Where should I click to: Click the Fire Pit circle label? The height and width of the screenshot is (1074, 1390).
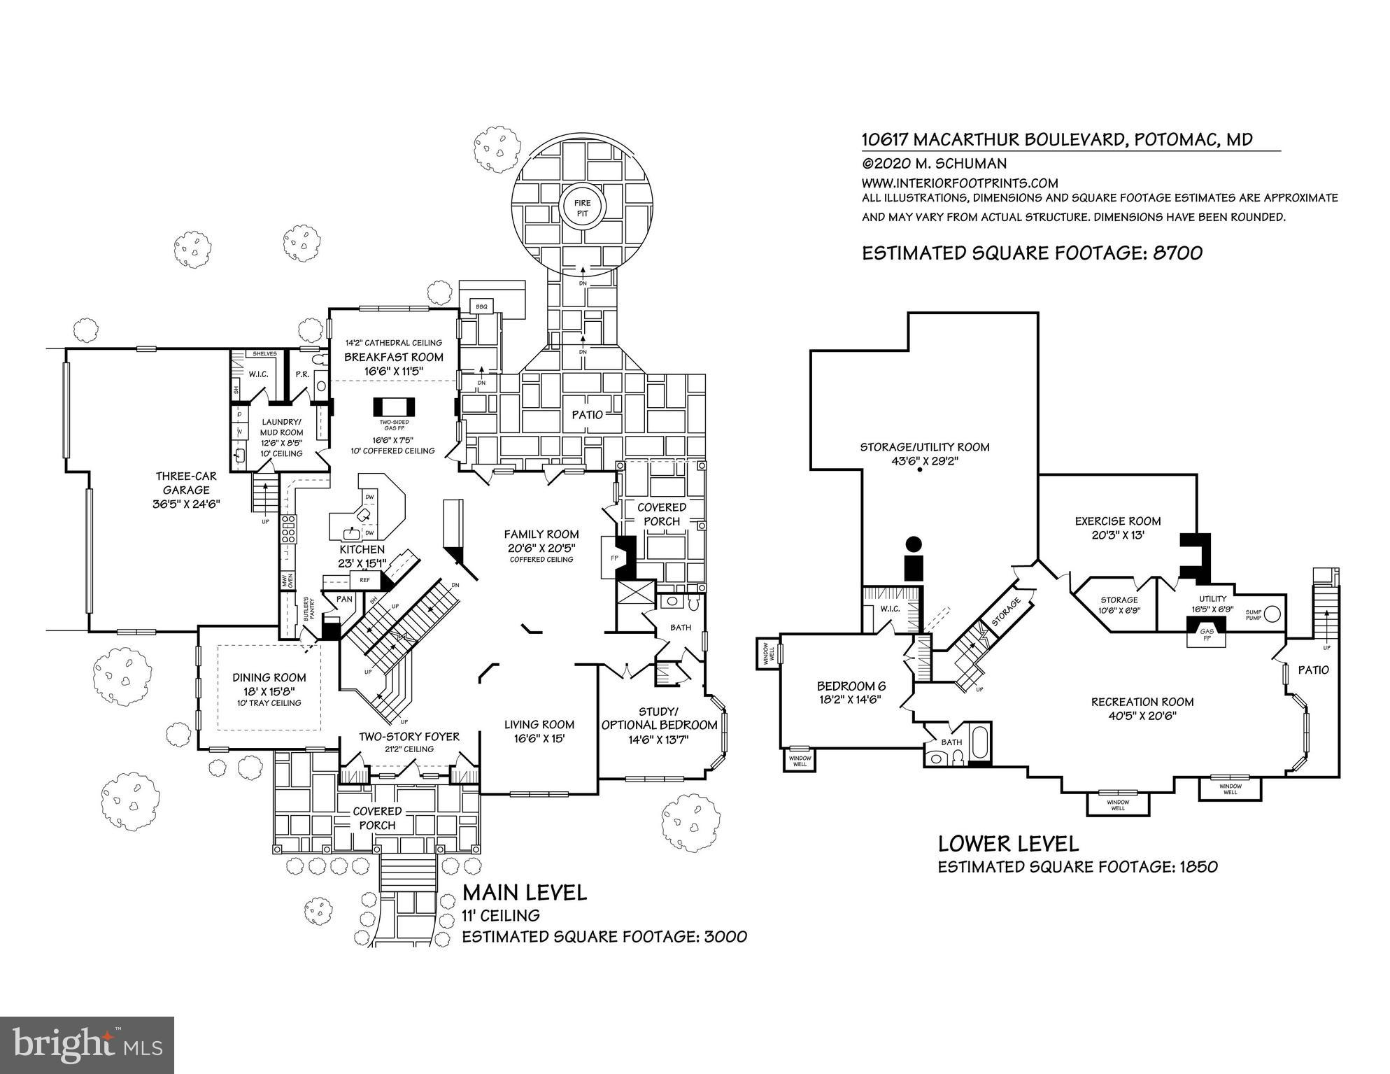tap(583, 208)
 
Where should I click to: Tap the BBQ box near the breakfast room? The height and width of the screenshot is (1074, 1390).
tap(481, 306)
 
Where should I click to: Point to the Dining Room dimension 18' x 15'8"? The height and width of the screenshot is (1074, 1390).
tap(269, 691)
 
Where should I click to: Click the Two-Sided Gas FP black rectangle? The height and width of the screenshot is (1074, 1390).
tap(395, 407)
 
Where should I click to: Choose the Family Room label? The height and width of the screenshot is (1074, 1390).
tap(541, 535)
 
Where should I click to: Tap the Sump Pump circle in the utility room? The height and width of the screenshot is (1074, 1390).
tap(1272, 614)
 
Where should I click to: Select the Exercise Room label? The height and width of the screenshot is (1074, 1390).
tap(1117, 521)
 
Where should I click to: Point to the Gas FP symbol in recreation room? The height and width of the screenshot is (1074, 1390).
tap(1207, 635)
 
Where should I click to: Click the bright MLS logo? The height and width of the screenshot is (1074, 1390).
tap(87, 1045)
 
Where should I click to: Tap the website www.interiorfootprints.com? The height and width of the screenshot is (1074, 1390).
tap(960, 183)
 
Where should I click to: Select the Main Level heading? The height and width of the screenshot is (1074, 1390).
tap(524, 892)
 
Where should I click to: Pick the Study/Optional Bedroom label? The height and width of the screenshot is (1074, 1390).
tap(659, 719)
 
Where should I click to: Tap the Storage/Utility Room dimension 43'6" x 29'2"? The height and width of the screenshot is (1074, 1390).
tap(924, 461)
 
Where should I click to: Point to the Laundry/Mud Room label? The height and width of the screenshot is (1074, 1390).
tap(281, 427)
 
